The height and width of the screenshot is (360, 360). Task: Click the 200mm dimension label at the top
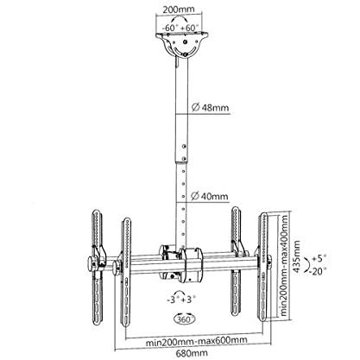click(x=179, y=9)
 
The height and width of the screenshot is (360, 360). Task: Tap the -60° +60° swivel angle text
click(x=180, y=28)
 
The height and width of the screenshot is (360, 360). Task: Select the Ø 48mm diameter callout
click(x=210, y=108)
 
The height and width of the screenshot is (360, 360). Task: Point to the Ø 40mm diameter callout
click(x=210, y=196)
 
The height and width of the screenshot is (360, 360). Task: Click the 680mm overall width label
click(x=192, y=353)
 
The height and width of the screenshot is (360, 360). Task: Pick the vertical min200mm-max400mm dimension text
click(x=284, y=265)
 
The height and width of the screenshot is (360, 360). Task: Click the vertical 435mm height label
click(x=296, y=256)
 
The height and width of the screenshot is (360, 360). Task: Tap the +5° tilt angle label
click(x=318, y=258)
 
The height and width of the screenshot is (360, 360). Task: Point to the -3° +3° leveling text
click(x=181, y=300)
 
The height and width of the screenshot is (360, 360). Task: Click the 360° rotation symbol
click(x=184, y=319)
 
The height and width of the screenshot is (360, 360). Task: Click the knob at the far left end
click(x=92, y=263)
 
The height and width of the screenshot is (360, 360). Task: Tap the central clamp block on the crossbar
click(x=190, y=265)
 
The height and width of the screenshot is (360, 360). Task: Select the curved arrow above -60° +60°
click(x=178, y=18)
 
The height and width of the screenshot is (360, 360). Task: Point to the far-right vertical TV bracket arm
click(x=263, y=267)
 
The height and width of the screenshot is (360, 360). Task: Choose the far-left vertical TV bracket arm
click(x=97, y=268)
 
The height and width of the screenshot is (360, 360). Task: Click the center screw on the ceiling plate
click(x=186, y=42)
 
